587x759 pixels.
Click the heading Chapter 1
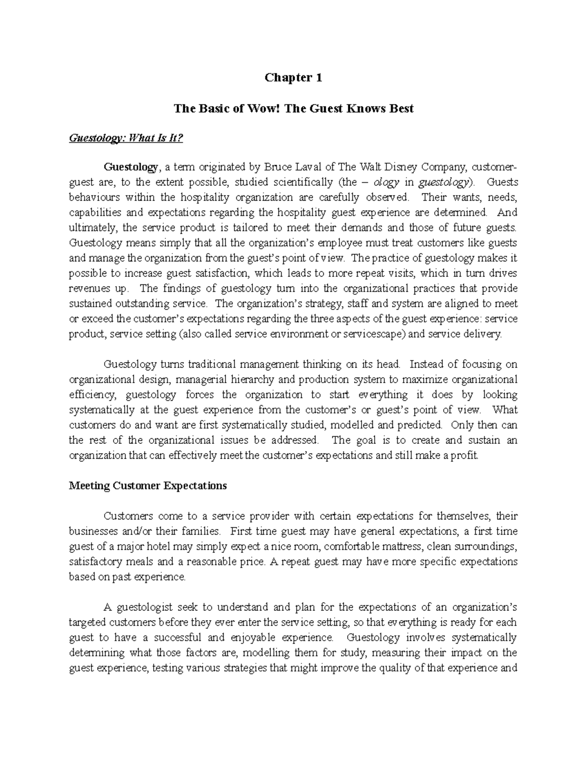[293, 78]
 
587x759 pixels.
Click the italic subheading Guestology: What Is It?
[126, 138]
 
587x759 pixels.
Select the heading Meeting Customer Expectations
[148, 486]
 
